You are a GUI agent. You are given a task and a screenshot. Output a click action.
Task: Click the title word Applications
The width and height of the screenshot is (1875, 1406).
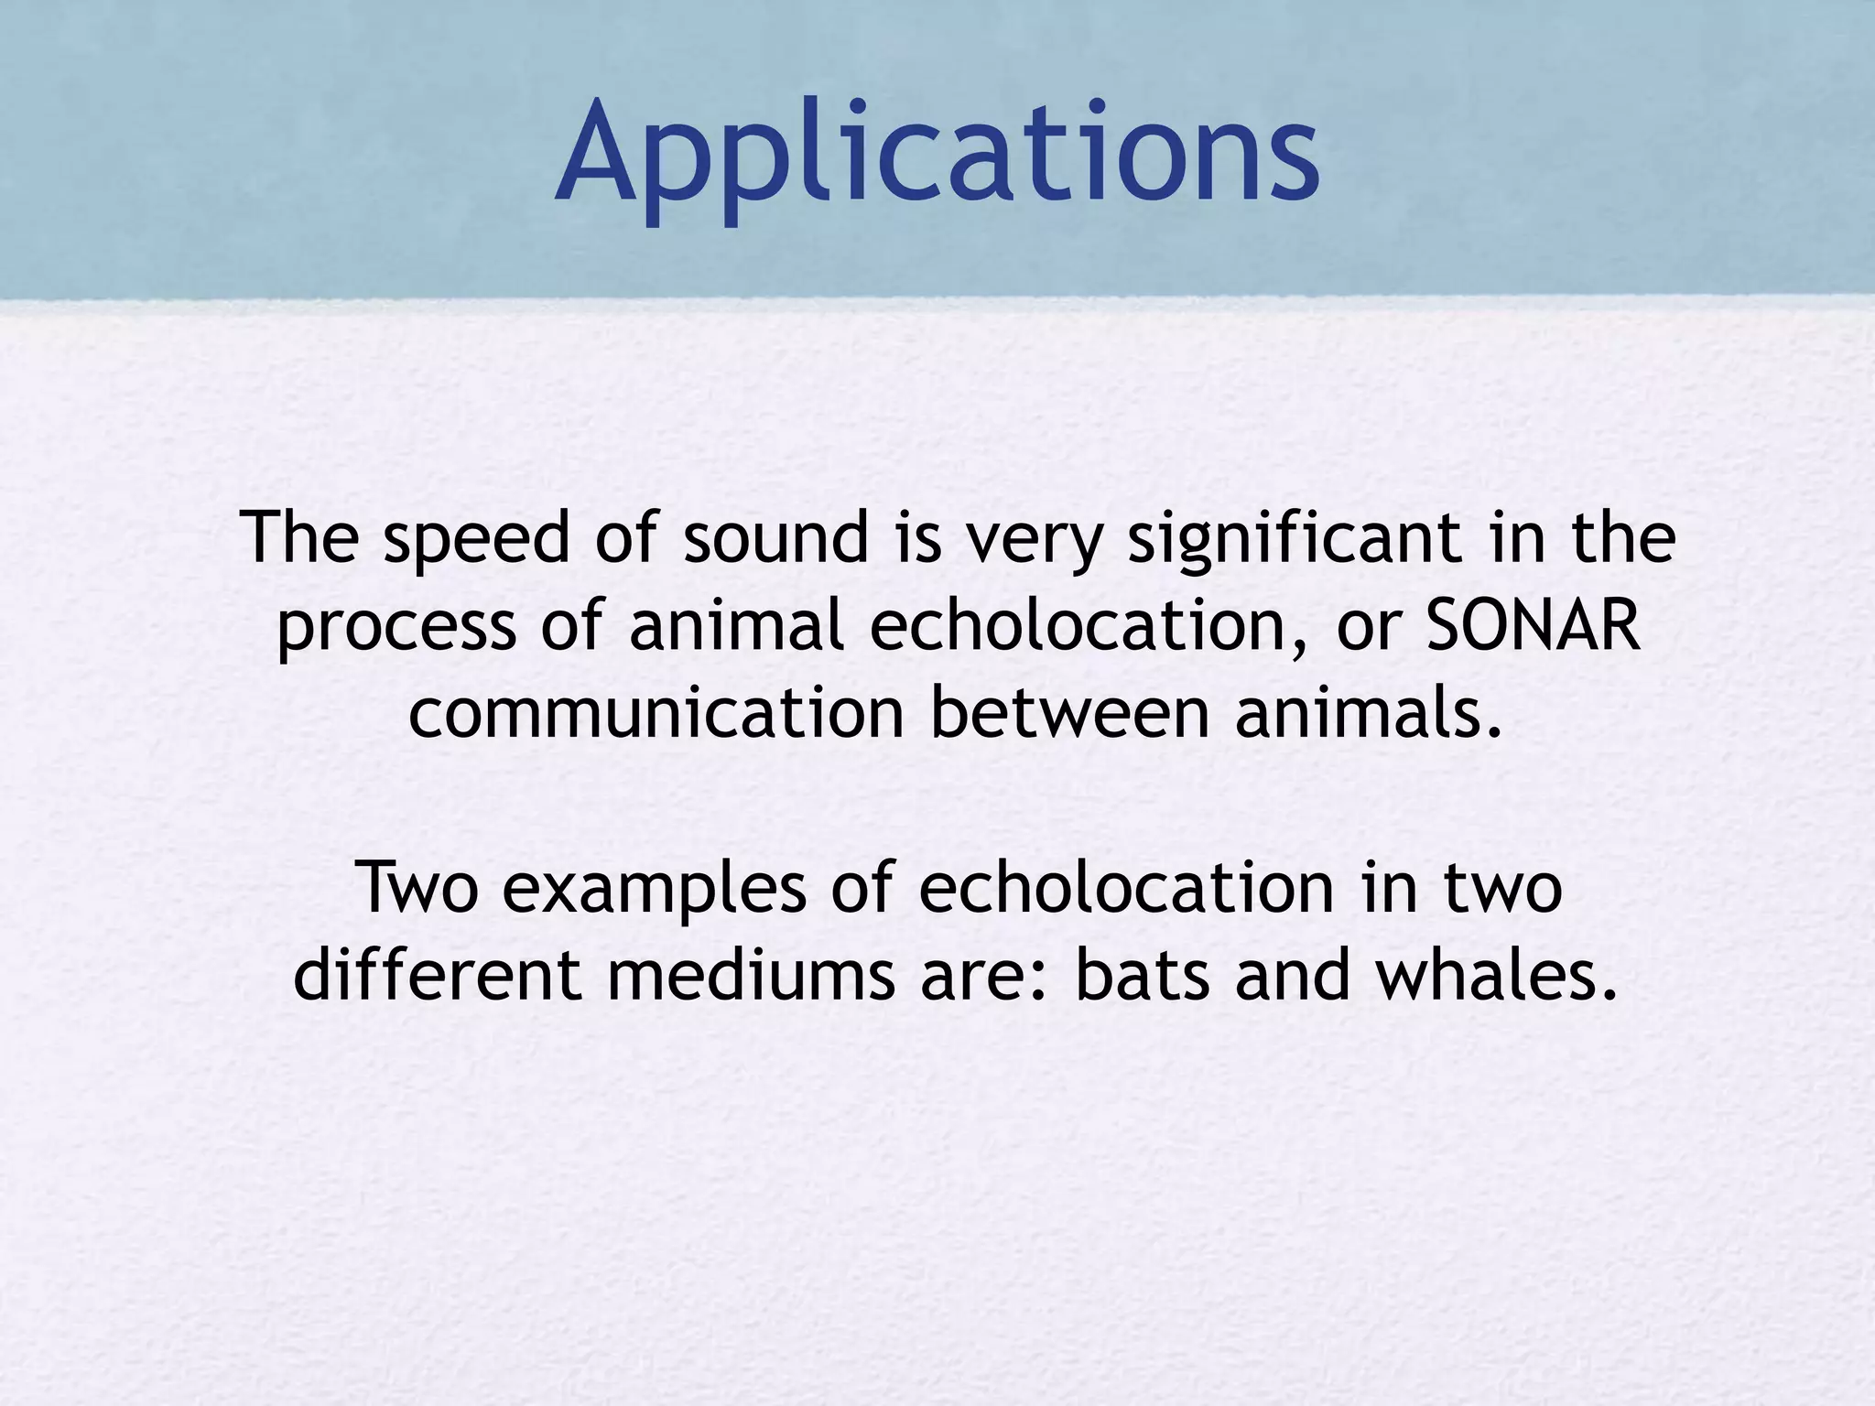click(x=937, y=151)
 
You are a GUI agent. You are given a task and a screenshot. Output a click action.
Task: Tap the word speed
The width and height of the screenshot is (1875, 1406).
click(x=476, y=540)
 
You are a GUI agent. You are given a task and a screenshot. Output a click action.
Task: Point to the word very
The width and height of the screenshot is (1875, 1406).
click(x=1035, y=540)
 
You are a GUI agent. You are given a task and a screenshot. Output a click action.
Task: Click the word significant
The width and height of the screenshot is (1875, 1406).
click(x=1295, y=540)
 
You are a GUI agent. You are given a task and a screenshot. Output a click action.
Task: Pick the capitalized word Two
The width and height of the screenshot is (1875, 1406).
click(x=417, y=888)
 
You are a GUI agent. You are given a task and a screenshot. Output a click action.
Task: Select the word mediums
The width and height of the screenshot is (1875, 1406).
click(x=750, y=975)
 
